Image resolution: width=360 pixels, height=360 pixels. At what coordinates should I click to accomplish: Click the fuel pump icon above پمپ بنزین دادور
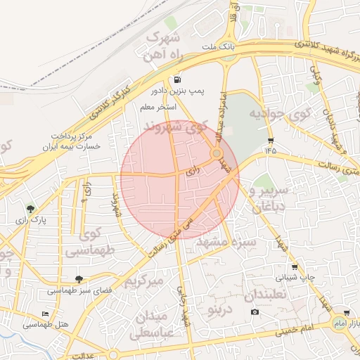coord(174,80)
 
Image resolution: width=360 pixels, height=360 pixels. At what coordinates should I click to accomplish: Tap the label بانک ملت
coord(217,47)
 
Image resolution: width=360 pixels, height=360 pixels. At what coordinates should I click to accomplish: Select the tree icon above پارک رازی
coord(30,209)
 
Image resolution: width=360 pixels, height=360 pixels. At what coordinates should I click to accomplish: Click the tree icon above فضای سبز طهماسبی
coord(78,279)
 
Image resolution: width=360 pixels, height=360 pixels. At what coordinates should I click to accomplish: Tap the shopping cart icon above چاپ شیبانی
coord(294,267)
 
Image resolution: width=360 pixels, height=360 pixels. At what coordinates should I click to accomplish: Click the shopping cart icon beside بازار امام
coord(347,313)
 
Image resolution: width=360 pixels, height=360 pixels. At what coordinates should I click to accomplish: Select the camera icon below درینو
coord(255,311)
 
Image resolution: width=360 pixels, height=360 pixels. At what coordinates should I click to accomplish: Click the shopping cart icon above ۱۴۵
coord(271,140)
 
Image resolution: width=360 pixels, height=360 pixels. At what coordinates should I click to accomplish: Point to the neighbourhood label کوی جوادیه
coord(262,115)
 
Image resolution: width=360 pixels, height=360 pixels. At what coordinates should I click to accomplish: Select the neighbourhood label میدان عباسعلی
coord(150,323)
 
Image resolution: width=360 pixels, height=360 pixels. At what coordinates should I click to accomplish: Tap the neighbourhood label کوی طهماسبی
coord(83,240)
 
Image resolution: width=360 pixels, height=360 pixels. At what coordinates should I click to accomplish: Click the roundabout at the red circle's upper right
coord(217,153)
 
